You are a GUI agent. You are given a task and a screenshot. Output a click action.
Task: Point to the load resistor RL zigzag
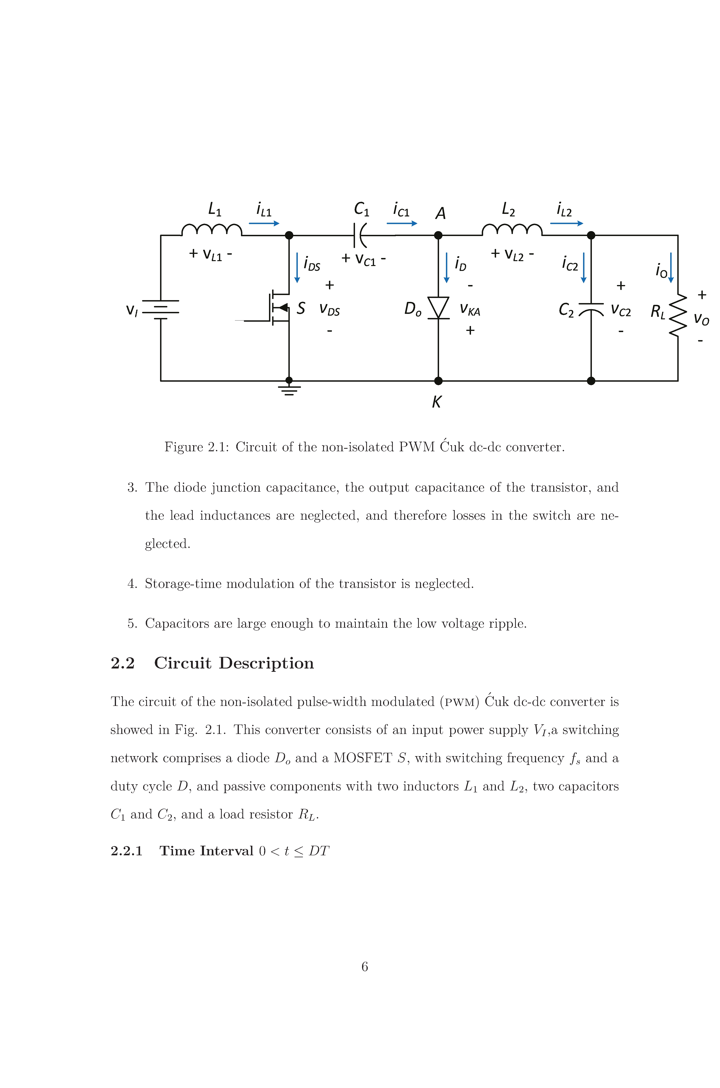[x=678, y=316]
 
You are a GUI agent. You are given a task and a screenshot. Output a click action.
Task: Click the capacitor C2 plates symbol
[x=591, y=309]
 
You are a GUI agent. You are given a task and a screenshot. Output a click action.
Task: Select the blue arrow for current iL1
[x=264, y=223]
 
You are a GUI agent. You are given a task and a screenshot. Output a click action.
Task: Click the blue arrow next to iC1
[x=402, y=223]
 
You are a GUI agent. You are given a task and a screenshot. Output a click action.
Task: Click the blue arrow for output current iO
[x=671, y=267]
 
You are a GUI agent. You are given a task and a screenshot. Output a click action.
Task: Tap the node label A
[x=440, y=214]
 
